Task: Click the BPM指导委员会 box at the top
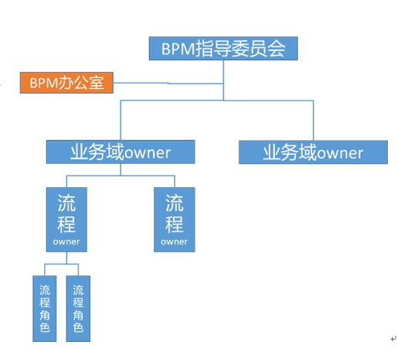(x=223, y=49)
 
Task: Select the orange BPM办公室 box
(x=66, y=83)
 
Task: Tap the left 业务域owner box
(x=120, y=152)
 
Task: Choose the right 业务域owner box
(x=313, y=152)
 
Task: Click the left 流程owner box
(x=66, y=220)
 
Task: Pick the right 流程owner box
(x=175, y=220)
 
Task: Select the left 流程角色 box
(x=45, y=309)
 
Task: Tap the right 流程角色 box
(x=78, y=309)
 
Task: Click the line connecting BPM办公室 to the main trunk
(x=168, y=84)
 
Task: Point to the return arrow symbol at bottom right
(x=393, y=339)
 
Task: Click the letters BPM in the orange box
(x=44, y=84)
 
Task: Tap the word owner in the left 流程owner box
(x=66, y=242)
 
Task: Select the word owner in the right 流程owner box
(x=175, y=242)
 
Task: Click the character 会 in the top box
(x=277, y=49)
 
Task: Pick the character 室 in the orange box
(x=97, y=83)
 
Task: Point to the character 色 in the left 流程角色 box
(x=45, y=327)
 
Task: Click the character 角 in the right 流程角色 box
(x=78, y=315)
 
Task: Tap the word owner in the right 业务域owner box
(x=340, y=153)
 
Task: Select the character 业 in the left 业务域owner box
(x=80, y=152)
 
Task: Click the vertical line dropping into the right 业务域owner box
(x=314, y=121)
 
